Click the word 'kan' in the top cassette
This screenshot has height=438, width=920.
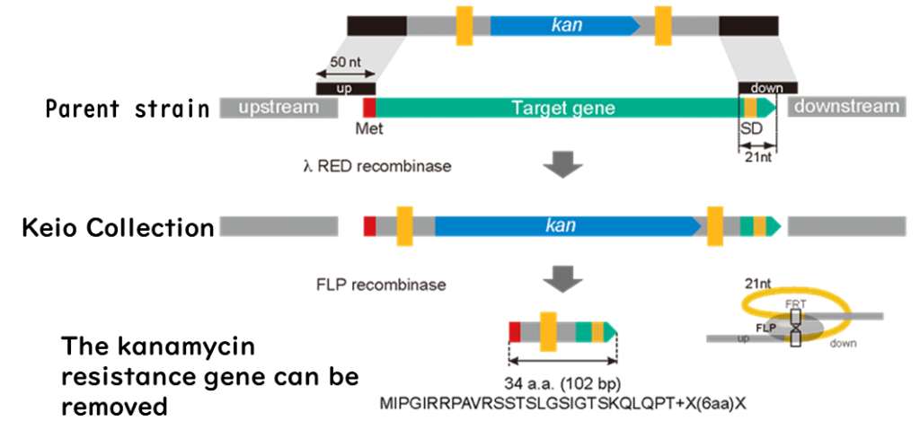(566, 25)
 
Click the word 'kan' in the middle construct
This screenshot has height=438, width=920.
(561, 225)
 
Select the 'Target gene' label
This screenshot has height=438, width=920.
(563, 108)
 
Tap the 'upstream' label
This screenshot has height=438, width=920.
(279, 108)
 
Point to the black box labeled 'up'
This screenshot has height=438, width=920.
(344, 89)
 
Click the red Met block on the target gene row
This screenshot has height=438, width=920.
(367, 108)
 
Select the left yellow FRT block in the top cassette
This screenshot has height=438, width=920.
(464, 25)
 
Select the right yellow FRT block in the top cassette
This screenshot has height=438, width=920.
(663, 25)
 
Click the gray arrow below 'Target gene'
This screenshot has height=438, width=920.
(562, 166)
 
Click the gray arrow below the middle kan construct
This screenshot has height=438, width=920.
(562, 280)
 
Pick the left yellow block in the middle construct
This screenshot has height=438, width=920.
(404, 226)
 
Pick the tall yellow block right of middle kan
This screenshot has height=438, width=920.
(715, 226)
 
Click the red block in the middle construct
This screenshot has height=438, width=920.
(368, 226)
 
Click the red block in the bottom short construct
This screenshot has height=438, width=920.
(513, 332)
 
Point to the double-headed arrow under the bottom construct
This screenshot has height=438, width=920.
(562, 363)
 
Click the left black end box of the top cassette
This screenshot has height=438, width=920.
(376, 25)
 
